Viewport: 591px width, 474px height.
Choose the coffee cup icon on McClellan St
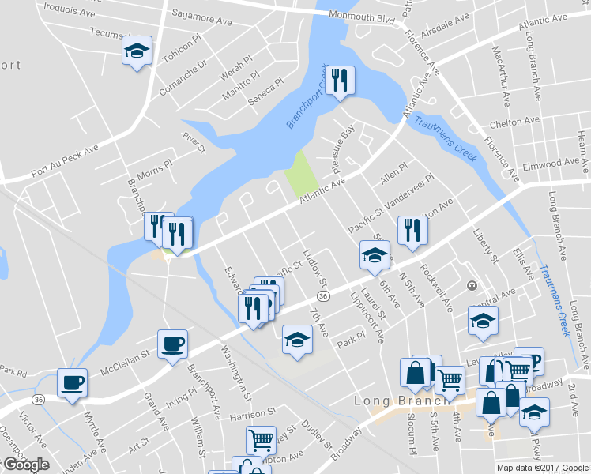[172, 344]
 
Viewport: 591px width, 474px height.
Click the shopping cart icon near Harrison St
[261, 439]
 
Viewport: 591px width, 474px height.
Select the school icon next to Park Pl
[297, 340]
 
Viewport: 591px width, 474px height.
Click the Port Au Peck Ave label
[64, 161]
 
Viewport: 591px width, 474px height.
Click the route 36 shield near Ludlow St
[323, 295]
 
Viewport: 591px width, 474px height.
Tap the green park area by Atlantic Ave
[299, 174]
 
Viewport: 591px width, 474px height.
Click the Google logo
[25, 465]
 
